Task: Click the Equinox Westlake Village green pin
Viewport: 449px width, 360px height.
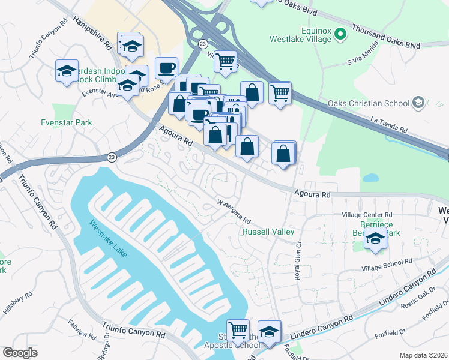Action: pos(340,34)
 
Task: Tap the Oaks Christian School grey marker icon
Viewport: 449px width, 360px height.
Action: pos(418,103)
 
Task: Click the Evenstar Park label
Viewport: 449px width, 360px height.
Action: pos(67,122)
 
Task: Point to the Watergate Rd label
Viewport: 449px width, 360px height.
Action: pos(233,212)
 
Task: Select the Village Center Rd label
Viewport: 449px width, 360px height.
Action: pos(366,214)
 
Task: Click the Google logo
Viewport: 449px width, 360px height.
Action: pos(20,353)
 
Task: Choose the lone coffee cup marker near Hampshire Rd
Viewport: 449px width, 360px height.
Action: pos(166,67)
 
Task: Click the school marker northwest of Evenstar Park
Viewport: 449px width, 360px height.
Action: pos(67,71)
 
